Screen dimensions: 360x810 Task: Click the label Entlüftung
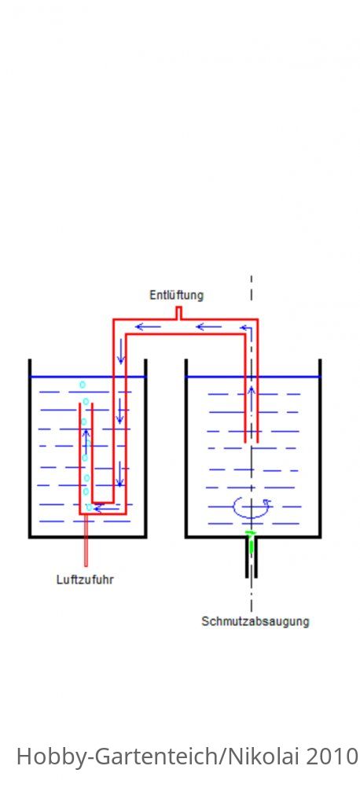pyautogui.click(x=176, y=295)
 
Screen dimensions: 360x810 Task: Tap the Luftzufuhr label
pyautogui.click(x=85, y=580)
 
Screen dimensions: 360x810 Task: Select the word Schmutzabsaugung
pyautogui.click(x=255, y=621)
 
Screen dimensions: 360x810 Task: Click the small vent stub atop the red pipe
pyautogui.click(x=178, y=313)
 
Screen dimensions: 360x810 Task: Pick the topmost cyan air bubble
pyautogui.click(x=82, y=385)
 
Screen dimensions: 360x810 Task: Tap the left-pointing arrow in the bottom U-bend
pyautogui.click(x=106, y=508)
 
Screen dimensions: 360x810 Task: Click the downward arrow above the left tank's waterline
pyautogui.click(x=120, y=352)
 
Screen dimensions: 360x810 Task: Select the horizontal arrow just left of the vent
pyautogui.click(x=149, y=326)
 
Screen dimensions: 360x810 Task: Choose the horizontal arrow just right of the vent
pyautogui.click(x=209, y=326)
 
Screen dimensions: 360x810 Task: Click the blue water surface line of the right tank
pyautogui.click(x=253, y=377)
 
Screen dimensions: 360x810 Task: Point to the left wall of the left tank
pyautogui.click(x=30, y=448)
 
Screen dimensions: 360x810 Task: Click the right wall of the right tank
pyautogui.click(x=320, y=448)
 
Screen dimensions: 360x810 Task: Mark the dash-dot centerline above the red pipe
pyautogui.click(x=252, y=289)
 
